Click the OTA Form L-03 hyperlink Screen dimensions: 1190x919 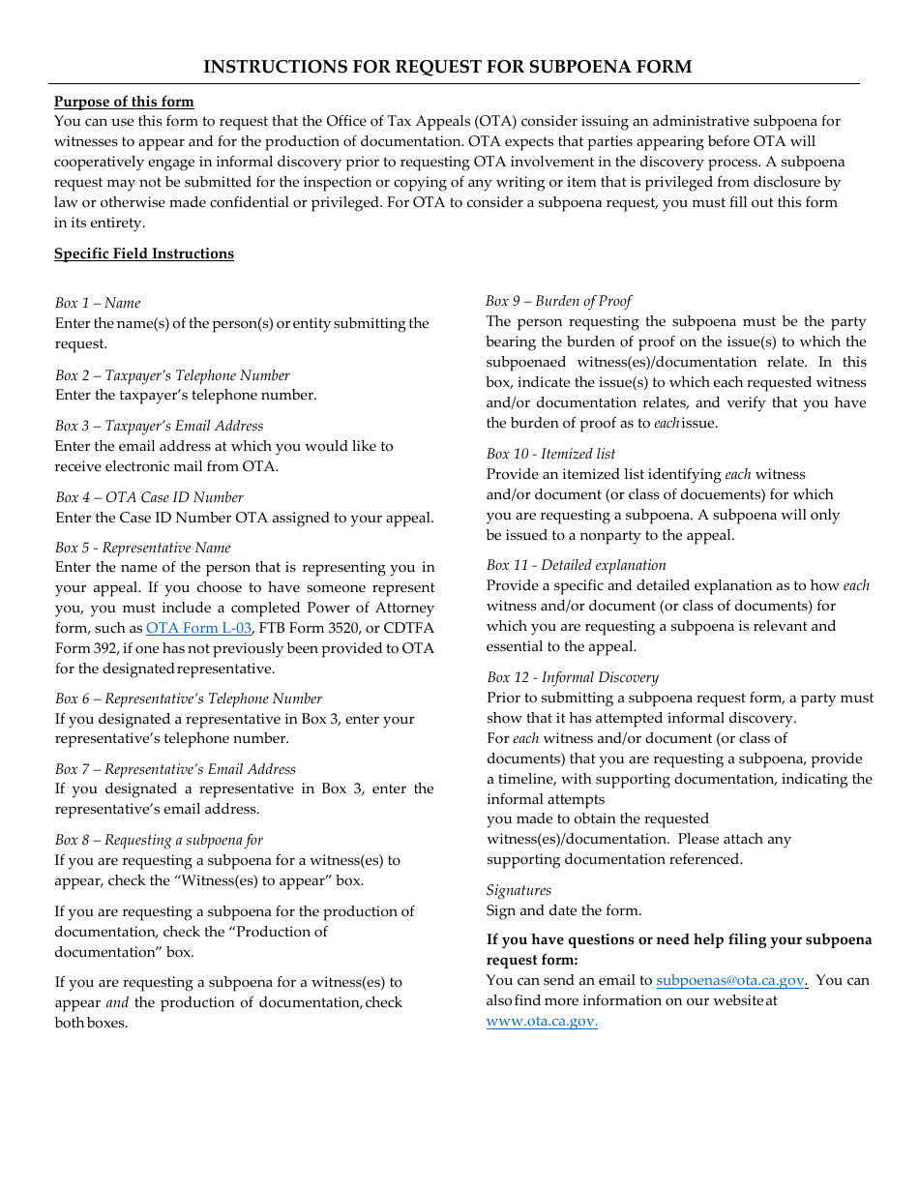point(198,628)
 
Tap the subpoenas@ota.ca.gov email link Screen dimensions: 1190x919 point(731,980)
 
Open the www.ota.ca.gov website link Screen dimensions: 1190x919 point(542,1021)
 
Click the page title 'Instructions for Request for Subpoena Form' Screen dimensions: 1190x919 point(447,67)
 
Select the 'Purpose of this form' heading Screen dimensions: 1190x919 point(124,102)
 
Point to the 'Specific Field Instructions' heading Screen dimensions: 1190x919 point(144,253)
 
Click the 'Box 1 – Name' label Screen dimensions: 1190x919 point(98,303)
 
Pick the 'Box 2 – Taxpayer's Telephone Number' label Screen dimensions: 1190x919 point(172,375)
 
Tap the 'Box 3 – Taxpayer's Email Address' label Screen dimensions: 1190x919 point(159,426)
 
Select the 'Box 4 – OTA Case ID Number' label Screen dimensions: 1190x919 point(149,497)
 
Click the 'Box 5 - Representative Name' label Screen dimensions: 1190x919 point(142,548)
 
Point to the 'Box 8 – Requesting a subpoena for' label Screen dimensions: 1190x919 point(159,840)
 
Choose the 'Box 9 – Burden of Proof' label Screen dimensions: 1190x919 point(558,301)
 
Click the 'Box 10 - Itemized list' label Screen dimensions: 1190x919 point(550,454)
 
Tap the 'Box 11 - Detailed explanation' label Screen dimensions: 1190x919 point(576,565)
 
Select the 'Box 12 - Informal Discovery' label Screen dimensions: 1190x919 point(572,677)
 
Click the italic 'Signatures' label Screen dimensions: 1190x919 point(519,890)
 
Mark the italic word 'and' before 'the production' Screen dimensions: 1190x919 point(117,1003)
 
